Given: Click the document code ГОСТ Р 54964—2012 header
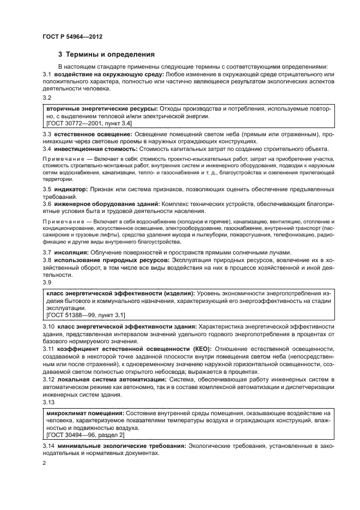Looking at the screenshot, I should (x=72, y=37).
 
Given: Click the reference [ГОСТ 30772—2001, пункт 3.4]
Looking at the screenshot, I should (x=90, y=124).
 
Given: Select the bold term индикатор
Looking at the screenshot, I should (x=71, y=204).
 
